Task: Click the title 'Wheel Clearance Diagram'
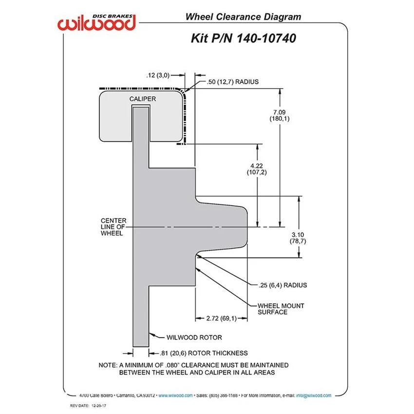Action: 243,17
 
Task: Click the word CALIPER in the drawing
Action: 142,99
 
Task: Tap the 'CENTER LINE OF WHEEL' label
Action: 113,226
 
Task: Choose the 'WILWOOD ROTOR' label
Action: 194,337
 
